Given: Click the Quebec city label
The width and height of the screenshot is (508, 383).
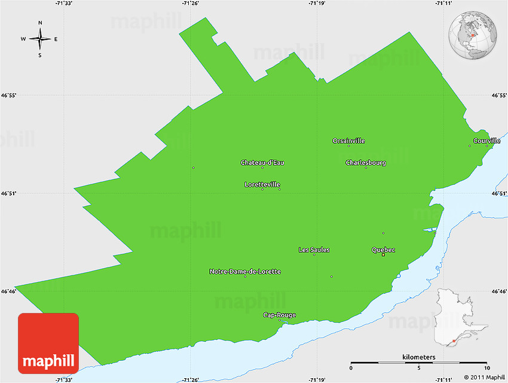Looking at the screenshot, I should pos(383,250).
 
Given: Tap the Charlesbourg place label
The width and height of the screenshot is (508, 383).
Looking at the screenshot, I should pos(366,162).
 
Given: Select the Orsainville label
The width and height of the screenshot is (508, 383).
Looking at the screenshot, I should pos(348,141).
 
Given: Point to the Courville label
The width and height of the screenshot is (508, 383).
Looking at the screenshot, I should pos(486,141).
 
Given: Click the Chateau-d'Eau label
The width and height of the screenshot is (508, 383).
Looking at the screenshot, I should pos(262,162).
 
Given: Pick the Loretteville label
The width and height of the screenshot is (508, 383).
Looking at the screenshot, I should pos(262,184).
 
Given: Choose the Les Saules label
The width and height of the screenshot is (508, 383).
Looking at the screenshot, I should pos(314,250).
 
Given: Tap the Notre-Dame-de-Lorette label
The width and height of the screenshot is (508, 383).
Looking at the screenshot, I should pos(245,271).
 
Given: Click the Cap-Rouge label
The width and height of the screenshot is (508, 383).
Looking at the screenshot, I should pos(280,315).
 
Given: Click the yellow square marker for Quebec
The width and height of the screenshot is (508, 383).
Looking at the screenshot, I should pos(383,255).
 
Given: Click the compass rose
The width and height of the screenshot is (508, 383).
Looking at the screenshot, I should pos(40,39).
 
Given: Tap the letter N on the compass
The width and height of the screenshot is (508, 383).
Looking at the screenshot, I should pos(40,23).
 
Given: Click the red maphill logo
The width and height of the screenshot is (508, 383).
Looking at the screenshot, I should pos(48,344).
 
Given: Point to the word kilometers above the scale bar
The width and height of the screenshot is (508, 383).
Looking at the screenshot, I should pos(419,357).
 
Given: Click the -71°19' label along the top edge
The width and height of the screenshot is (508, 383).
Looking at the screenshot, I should pos(316,4).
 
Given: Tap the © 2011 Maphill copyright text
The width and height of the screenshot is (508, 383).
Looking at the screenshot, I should pos(485,377).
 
